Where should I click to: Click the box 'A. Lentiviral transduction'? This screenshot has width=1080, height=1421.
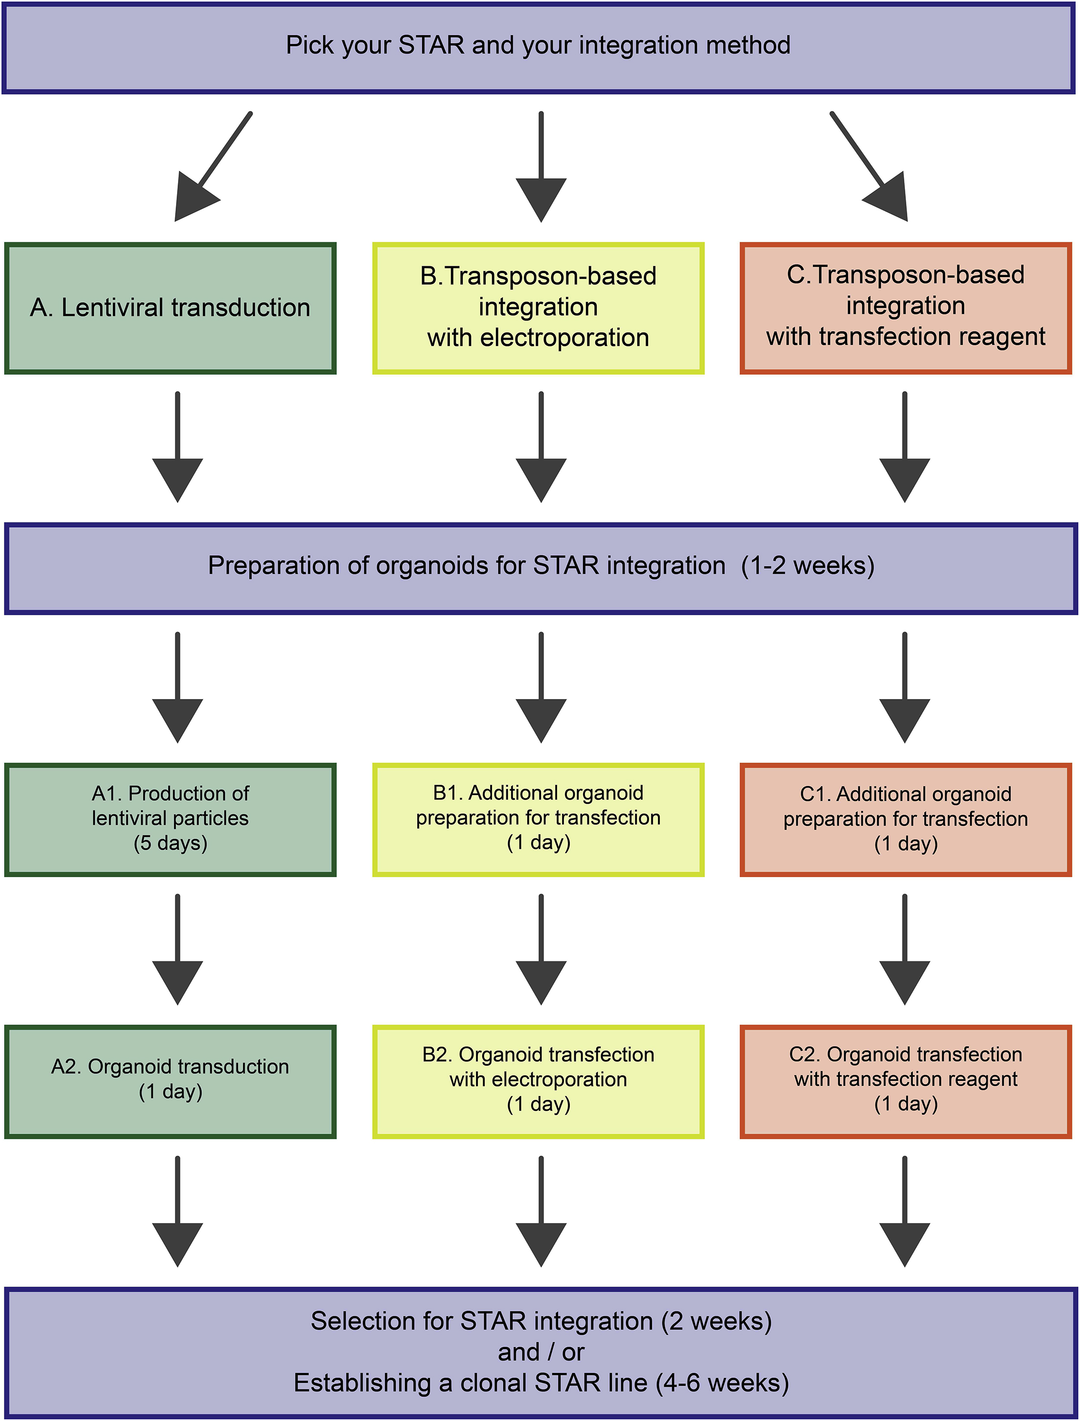pos(170,308)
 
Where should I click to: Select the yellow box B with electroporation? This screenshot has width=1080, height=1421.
pos(538,308)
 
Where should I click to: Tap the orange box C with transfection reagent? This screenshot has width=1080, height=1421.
pos(905,308)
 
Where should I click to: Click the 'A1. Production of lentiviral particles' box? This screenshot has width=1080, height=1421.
pos(170,819)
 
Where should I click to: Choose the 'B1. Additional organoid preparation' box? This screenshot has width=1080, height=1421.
pos(538,819)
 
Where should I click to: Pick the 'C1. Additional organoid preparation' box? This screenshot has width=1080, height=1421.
pos(905,819)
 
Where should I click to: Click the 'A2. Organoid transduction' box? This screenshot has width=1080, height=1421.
pos(170,1081)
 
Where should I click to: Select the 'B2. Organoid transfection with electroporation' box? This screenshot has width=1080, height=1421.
pos(538,1081)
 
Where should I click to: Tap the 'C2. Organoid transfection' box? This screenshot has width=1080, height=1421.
pos(905,1081)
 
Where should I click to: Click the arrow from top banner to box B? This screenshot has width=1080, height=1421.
pos(541,167)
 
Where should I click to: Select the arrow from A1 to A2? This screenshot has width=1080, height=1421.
pos(178,949)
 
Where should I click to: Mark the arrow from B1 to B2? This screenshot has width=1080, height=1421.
pos(541,949)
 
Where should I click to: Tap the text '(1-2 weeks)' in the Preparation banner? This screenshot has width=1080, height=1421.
pos(808,566)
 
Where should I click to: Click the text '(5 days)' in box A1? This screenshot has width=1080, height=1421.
pos(170,843)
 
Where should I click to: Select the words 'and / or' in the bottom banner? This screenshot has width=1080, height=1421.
pos(541,1352)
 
